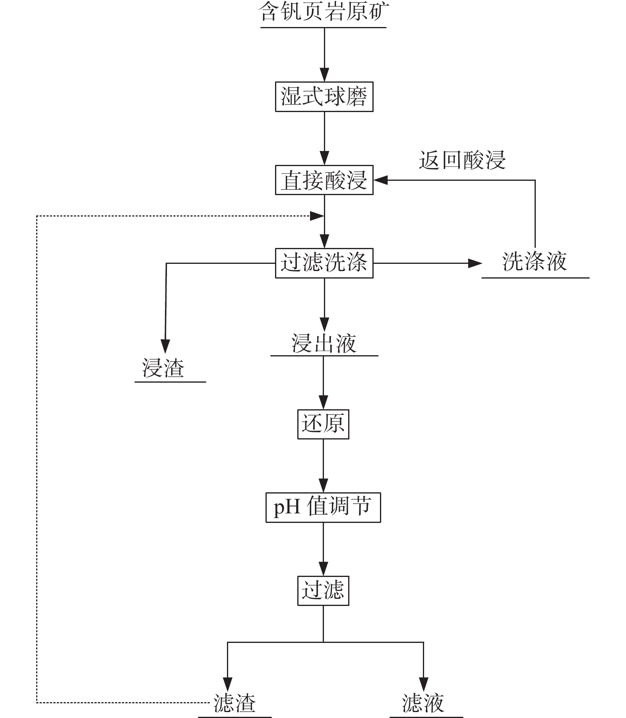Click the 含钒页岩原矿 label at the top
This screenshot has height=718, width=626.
click(x=323, y=12)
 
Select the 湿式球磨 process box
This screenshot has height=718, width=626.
click(x=324, y=97)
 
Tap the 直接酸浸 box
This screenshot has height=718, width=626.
click(x=324, y=180)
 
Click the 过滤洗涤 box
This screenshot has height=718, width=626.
click(x=324, y=263)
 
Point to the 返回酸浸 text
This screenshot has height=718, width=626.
click(x=462, y=160)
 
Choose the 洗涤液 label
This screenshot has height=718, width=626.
click(x=535, y=262)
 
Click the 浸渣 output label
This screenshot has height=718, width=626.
click(x=163, y=368)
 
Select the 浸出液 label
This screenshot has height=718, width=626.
click(x=324, y=344)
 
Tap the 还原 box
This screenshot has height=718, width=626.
click(x=323, y=424)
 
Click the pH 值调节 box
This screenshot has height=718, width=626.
click(x=323, y=507)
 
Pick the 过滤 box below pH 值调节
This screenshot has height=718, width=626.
click(x=323, y=590)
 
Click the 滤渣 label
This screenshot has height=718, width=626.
click(x=235, y=703)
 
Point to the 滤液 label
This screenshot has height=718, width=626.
click(x=423, y=703)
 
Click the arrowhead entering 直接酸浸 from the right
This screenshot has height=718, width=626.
click(x=380, y=180)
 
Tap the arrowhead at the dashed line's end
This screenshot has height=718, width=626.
click(x=317, y=216)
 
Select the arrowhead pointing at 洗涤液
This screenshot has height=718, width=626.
click(x=475, y=263)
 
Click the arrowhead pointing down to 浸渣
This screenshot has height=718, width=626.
click(x=165, y=346)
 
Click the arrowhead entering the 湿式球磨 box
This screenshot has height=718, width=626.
click(x=324, y=75)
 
